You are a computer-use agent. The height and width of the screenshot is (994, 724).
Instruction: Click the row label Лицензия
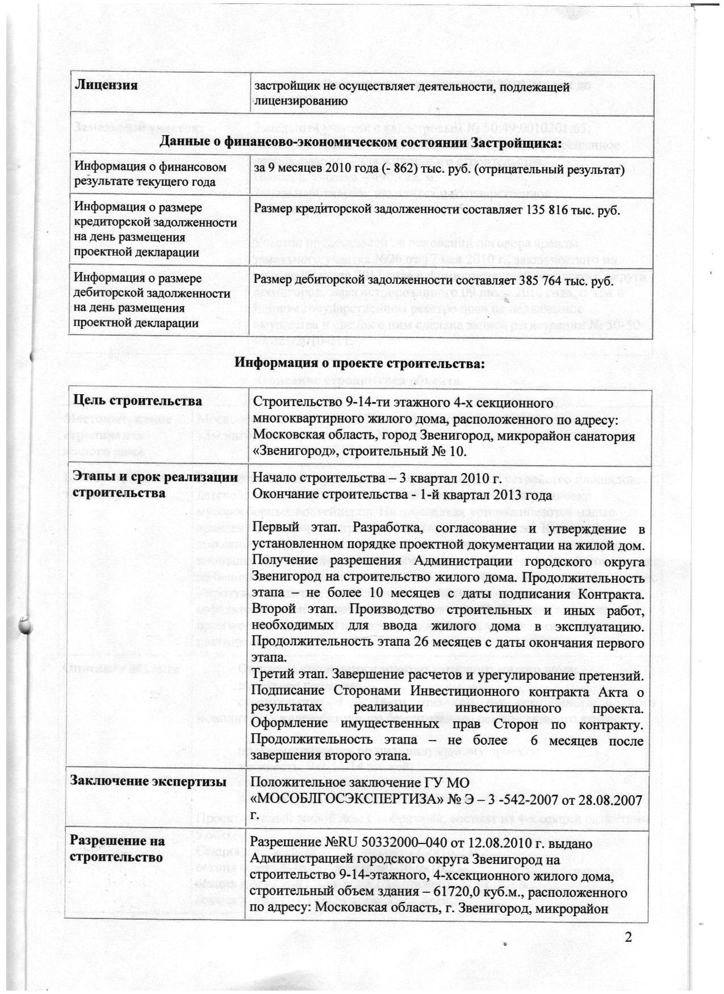[x=107, y=86]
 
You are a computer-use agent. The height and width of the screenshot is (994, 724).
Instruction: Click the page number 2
[x=628, y=937]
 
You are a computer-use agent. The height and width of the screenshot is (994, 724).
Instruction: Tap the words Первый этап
[x=291, y=529]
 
